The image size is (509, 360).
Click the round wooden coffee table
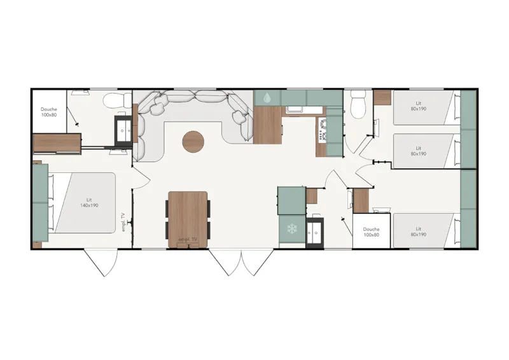193,141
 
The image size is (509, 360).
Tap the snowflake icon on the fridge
292,228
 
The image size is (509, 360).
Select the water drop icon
266,98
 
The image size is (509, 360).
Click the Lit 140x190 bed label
89,203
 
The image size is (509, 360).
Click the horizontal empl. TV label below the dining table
188,239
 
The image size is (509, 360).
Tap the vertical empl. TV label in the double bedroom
123,222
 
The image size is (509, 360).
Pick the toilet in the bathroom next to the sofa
115,100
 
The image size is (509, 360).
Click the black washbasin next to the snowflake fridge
314,232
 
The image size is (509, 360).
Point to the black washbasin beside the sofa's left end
123,129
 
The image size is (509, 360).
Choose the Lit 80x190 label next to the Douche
419,232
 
